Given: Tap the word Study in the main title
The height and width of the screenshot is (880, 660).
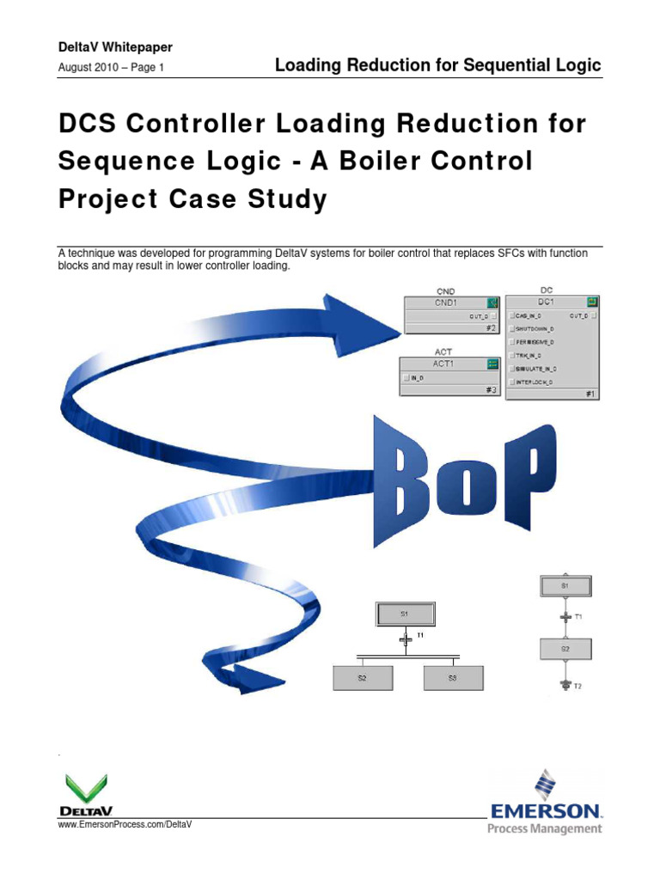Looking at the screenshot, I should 291,199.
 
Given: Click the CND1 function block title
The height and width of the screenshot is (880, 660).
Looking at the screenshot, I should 446,302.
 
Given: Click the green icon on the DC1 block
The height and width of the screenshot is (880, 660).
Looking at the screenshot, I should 592,302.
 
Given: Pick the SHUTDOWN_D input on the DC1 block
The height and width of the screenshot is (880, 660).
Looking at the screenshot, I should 535,328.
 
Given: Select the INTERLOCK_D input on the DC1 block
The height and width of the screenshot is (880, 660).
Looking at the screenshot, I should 534,381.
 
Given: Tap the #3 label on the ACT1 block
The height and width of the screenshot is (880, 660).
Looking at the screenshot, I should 492,389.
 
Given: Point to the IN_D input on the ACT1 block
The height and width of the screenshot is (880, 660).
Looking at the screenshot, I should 417,377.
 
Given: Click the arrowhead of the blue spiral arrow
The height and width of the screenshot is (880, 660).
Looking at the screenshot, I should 369,316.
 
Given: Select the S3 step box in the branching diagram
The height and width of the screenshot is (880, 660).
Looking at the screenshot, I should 453,678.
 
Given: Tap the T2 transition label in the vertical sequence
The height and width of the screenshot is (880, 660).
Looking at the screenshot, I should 579,686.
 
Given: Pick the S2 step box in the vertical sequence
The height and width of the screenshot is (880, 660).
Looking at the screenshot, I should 565,649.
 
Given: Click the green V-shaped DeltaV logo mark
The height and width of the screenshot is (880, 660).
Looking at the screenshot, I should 86,788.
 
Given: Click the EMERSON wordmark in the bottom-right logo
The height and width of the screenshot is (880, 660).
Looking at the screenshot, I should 546,810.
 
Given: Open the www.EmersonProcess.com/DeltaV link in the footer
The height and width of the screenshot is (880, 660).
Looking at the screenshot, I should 124,824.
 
